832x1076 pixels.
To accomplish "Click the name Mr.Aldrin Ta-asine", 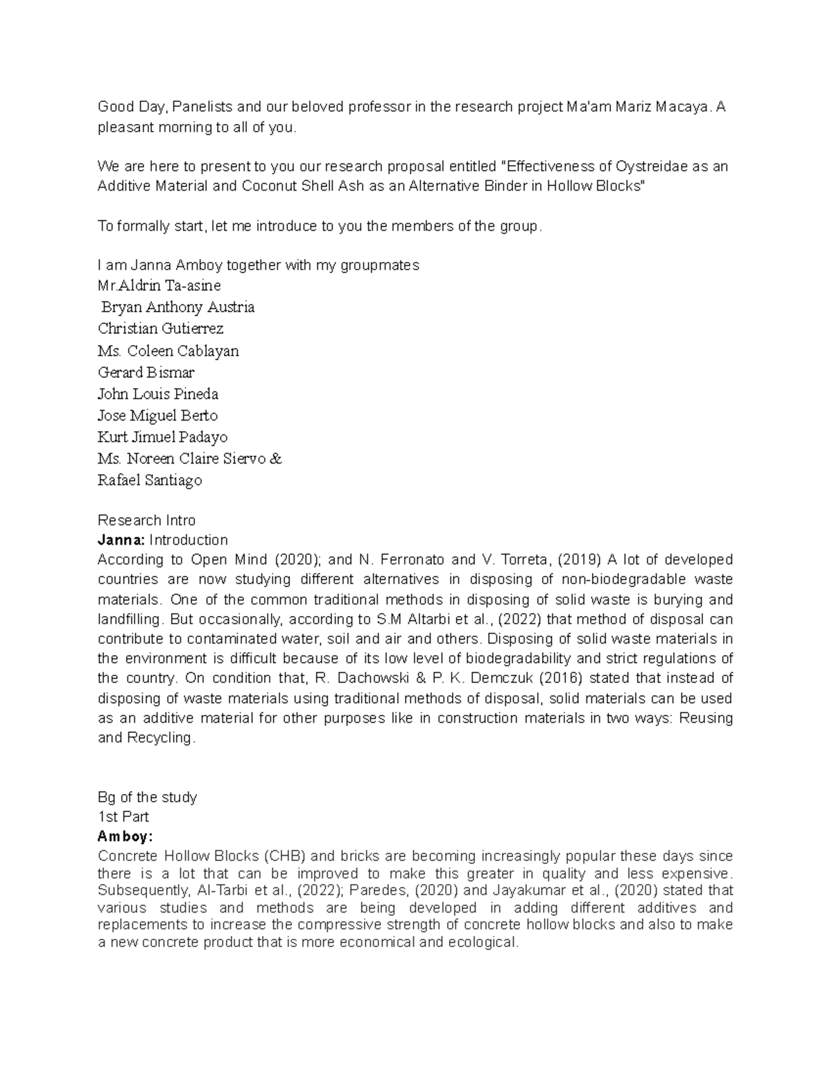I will (159, 285).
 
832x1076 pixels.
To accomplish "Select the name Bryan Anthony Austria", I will (178, 307).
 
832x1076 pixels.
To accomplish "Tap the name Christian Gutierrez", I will (161, 328).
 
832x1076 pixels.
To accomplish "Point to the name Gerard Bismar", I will (146, 372).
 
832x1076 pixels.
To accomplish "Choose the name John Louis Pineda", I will (158, 394).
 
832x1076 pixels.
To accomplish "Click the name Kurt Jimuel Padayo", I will (163, 437).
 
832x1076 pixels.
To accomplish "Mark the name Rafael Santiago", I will (150, 480).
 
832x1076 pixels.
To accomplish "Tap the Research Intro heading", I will (146, 520).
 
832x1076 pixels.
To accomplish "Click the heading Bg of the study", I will (148, 797).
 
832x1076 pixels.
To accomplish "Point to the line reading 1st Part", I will (123, 816).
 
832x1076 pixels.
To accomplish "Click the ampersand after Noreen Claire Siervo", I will (276, 459).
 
